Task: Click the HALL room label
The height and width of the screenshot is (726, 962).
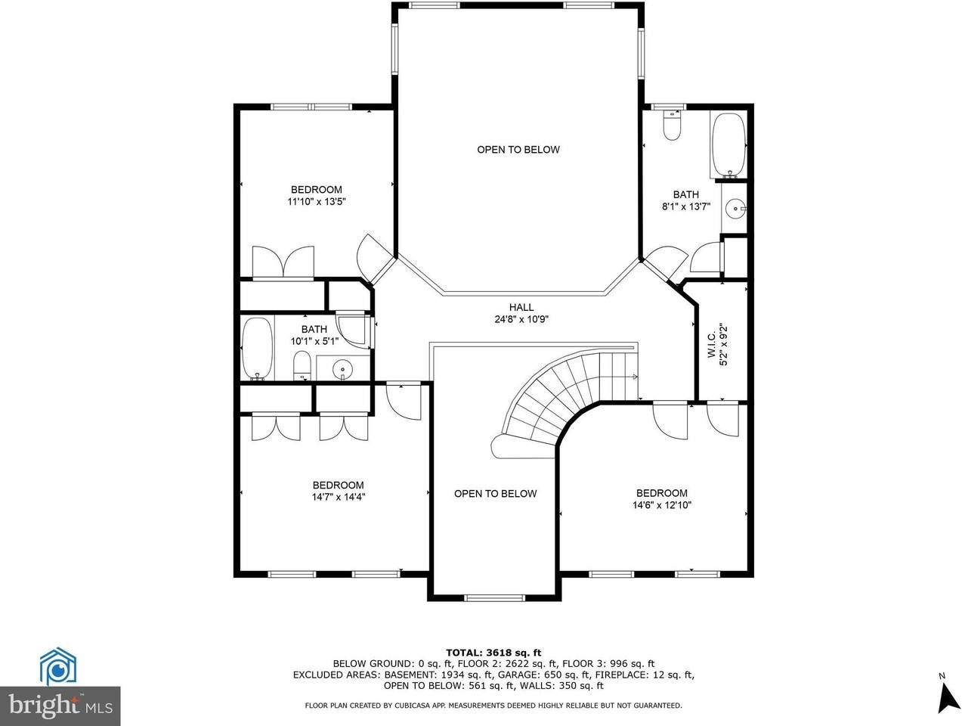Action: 521,307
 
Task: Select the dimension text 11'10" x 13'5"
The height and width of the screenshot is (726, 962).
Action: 317,202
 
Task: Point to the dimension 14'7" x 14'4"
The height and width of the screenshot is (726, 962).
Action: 338,498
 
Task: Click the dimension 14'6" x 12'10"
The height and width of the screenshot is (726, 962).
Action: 661,505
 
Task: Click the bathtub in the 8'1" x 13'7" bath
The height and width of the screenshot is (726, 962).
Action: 729,144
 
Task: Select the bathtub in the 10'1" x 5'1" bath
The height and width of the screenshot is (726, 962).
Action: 257,348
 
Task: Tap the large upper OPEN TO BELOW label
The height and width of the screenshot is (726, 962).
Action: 518,150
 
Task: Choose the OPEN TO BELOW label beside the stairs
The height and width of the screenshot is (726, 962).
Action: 495,494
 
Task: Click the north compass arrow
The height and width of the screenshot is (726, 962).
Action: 948,696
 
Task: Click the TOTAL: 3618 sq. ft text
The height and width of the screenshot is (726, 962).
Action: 493,652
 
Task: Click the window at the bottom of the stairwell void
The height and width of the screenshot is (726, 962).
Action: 494,598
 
